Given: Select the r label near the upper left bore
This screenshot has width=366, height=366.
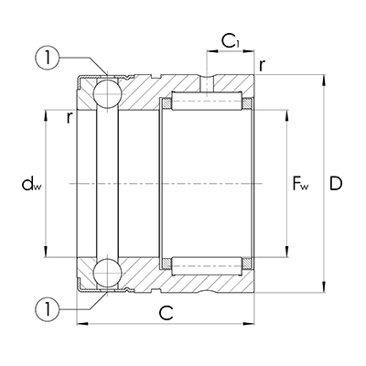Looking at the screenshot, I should click(x=69, y=117).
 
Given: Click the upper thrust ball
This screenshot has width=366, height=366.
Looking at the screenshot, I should click(x=106, y=93).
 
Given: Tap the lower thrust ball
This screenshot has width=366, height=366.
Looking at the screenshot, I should click(x=106, y=272).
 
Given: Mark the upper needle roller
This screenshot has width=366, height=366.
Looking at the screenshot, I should click(x=207, y=100).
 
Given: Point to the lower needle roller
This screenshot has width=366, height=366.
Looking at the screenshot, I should click(x=207, y=266).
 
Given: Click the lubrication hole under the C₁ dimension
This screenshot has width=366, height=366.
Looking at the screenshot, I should click(x=210, y=81).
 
